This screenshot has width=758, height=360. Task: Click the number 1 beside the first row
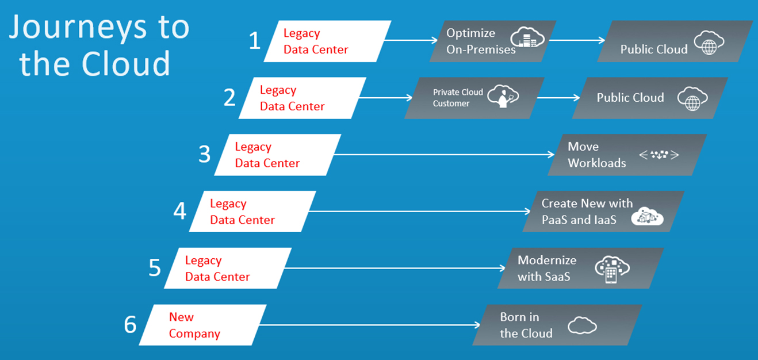[255, 41]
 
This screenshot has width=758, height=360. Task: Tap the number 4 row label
[180, 211]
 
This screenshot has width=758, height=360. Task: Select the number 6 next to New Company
[131, 325]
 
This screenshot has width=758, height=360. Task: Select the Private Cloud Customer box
[474, 98]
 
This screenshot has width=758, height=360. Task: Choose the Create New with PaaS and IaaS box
[603, 211]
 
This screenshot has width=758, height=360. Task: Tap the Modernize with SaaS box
[581, 268]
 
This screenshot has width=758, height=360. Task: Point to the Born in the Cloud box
[557, 325]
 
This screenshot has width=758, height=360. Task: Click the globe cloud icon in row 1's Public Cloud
[709, 43]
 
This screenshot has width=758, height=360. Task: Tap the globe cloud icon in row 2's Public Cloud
[692, 98]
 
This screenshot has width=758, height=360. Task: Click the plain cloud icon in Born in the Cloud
[582, 325]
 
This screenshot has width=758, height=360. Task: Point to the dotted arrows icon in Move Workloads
[659, 155]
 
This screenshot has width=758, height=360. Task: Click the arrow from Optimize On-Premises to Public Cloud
[576, 40]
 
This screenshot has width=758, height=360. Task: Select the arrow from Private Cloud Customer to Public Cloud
[558, 98]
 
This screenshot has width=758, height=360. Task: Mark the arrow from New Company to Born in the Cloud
[368, 325]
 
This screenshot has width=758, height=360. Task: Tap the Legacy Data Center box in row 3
[278, 155]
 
